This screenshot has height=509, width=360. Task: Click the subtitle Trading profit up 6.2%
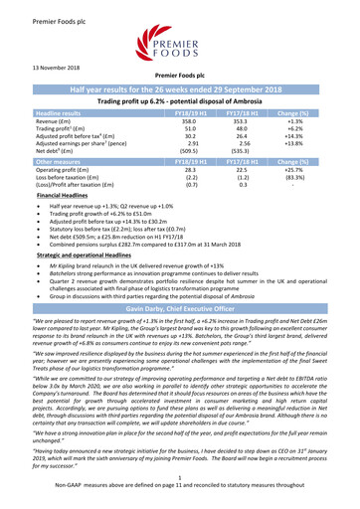click(179, 98)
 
